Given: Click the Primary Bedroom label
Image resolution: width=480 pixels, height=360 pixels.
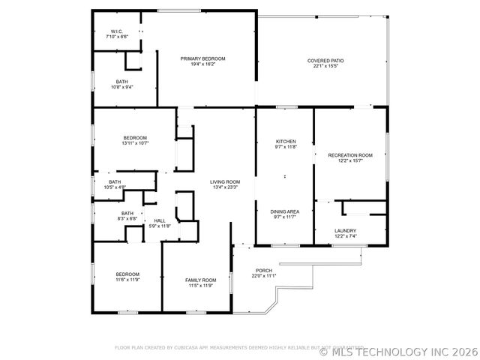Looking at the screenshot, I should [202, 58].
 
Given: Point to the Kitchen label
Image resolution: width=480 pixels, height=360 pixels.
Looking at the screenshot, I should [286, 142].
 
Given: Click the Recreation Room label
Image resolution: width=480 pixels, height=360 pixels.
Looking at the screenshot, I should [350, 155].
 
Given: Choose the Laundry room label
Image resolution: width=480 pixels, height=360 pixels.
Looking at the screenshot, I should [346, 231].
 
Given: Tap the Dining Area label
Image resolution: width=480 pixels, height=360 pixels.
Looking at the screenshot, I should [285, 212].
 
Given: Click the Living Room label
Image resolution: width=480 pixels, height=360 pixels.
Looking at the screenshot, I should [224, 181].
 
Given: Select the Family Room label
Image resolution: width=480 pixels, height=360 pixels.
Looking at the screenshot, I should [200, 280].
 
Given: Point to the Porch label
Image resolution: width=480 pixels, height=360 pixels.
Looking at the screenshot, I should [264, 271].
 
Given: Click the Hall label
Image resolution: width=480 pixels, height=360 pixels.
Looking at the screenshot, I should [160, 220].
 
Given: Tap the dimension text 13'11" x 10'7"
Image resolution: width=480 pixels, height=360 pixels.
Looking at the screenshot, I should [135, 142].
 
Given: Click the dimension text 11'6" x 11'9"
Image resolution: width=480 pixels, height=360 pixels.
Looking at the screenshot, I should [127, 280].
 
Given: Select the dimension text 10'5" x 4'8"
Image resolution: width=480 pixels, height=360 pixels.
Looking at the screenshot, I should [115, 187].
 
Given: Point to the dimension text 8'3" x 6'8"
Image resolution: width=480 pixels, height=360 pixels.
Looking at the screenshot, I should [127, 219].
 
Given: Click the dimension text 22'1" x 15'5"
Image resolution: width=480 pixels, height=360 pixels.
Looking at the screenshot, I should [325, 66].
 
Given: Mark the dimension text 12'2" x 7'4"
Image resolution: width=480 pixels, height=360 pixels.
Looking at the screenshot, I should [346, 236].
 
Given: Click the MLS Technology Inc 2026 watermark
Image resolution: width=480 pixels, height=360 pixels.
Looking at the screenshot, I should [399, 350].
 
